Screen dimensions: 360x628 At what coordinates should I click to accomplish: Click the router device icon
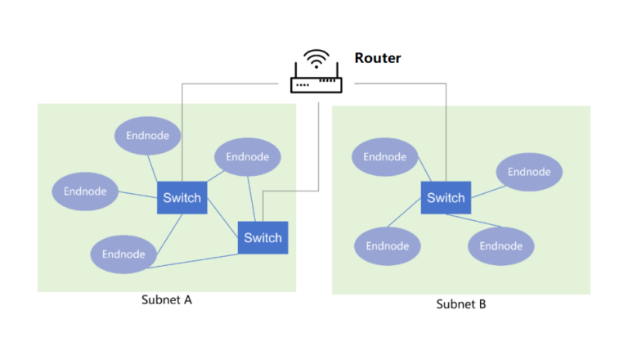316,84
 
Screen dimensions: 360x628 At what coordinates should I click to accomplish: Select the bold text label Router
377,58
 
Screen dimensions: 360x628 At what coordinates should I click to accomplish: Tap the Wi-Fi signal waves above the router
316,60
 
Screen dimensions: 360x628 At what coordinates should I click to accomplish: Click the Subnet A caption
166,299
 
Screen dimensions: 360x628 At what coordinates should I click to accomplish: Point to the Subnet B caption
460,304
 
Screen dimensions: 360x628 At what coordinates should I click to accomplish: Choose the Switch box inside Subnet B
446,198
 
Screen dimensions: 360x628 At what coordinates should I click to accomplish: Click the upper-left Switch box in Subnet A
182,198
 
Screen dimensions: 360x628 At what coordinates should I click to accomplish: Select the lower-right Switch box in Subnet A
262,238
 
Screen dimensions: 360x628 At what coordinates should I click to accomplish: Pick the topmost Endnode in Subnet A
147,136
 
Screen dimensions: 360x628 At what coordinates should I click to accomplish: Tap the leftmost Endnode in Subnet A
85,191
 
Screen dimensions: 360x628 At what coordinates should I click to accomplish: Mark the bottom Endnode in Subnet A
123,254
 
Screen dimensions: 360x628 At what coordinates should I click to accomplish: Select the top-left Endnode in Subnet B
384,157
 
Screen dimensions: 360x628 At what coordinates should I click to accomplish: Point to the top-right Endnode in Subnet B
529,172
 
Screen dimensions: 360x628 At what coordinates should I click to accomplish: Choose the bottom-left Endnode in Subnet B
387,246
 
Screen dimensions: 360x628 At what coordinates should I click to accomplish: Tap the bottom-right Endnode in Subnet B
500,246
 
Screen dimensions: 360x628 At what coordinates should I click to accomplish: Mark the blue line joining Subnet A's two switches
222,218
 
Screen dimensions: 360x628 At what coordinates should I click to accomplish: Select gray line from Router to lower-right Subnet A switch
317,147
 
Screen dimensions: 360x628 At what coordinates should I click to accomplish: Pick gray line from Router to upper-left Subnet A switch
182,131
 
